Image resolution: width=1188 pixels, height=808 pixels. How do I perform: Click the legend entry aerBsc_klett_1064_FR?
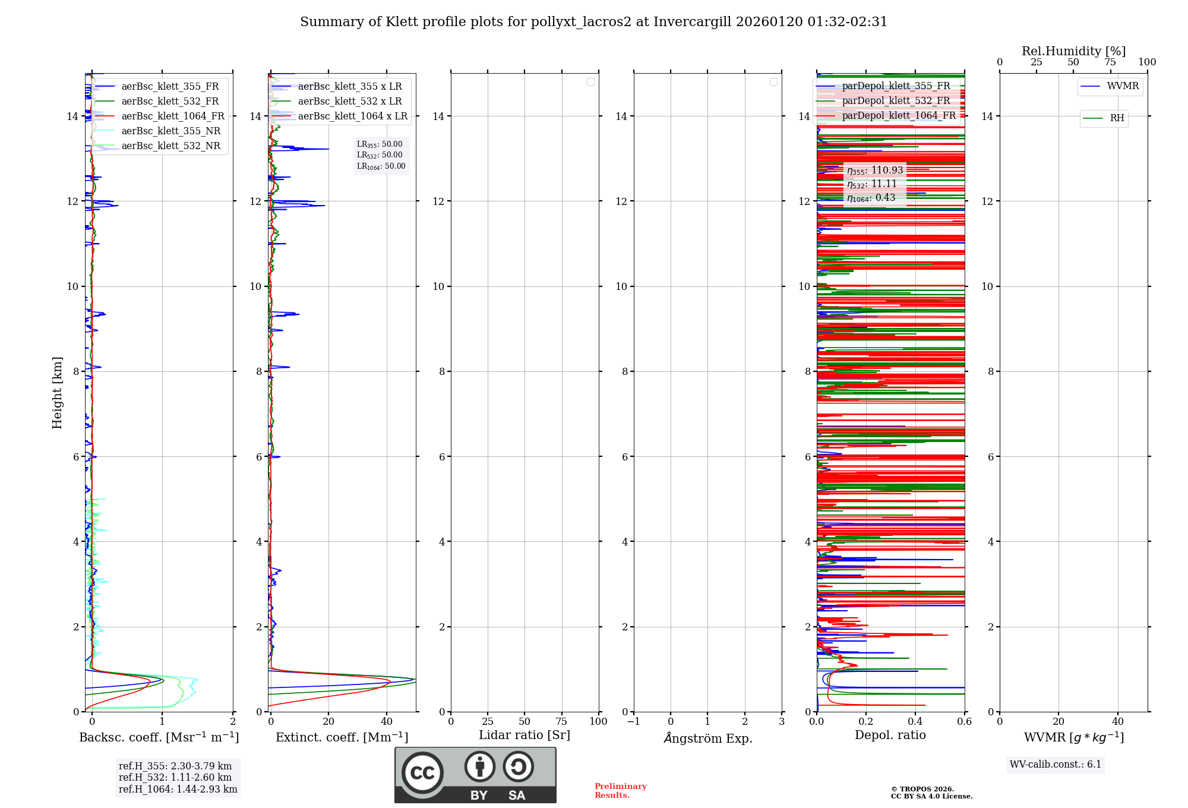tap(172, 116)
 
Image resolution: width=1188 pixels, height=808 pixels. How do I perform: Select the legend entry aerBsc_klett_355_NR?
tap(170, 131)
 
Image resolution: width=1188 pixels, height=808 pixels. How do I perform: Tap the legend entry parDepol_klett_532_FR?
tap(896, 101)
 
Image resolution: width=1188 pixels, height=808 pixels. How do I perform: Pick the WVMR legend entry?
tap(1122, 86)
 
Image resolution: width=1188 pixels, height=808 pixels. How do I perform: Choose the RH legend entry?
tap(1116, 118)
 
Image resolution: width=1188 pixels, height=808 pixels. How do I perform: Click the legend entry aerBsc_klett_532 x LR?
tap(349, 102)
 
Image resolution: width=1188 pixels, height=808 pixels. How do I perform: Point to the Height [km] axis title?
tap(57, 392)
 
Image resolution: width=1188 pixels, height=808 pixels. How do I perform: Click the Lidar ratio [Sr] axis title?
tap(524, 736)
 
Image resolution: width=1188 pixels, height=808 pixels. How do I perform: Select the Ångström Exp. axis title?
tap(707, 738)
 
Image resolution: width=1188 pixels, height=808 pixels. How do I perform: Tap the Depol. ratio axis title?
tap(890, 736)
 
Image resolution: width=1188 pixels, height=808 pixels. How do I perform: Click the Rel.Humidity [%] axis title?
tap(1073, 52)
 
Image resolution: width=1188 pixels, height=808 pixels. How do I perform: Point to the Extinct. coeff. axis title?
tap(342, 738)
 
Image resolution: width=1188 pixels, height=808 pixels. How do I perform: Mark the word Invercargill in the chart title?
tap(693, 22)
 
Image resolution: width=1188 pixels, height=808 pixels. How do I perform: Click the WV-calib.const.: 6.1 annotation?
tap(1056, 765)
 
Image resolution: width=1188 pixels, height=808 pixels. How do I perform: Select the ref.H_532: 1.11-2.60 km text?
tap(175, 778)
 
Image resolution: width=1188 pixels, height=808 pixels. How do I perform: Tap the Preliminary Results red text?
tap(620, 791)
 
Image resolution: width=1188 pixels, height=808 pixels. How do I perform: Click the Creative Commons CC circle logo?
tap(422, 772)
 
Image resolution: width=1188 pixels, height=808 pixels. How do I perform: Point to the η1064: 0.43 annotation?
tap(871, 198)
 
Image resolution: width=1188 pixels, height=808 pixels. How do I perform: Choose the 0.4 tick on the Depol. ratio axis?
tap(915, 722)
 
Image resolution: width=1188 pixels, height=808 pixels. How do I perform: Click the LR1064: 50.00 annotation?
tap(381, 166)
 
